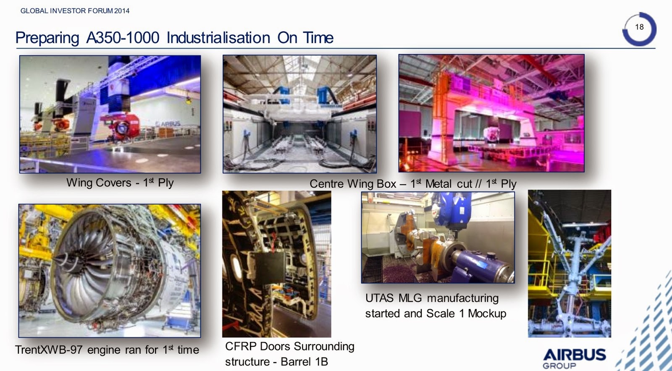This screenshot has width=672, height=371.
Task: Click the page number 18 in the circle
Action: pos(639,27)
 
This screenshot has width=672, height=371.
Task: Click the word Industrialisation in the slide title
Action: pos(218,38)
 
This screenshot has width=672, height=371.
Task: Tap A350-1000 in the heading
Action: pos(123,38)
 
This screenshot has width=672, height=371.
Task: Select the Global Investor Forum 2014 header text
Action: pos(75,11)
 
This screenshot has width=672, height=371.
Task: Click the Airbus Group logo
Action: pos(574,358)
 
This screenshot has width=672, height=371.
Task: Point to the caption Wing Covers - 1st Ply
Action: pos(120,183)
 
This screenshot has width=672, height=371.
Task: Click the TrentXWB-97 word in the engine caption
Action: pos(49,350)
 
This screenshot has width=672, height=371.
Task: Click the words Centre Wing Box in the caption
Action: pos(353,184)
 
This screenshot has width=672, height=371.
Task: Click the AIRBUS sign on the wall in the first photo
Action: pos(168,124)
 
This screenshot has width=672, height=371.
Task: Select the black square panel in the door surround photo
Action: pos(270,267)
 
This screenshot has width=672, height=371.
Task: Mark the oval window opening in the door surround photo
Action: pos(237,266)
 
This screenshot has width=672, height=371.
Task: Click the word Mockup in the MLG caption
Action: pos(487,314)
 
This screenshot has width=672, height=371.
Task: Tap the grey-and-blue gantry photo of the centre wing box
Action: pos(299,114)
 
